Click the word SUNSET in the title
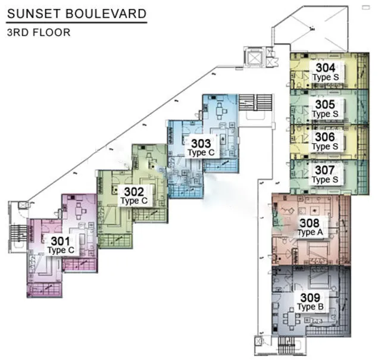[33, 14]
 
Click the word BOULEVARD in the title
[106, 14]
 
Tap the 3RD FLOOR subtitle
[39, 33]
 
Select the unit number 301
[61, 241]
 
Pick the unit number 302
[134, 192]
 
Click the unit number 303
[201, 143]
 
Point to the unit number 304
[326, 68]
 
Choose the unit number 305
[325, 105]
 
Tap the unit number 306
[325, 137]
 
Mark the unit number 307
[325, 170]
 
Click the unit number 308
[310, 223]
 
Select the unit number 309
[310, 298]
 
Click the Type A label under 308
[310, 233]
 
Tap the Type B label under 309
[310, 307]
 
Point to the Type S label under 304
[326, 77]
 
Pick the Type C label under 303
[201, 153]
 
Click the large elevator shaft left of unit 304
[254, 57]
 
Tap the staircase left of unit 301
[19, 233]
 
